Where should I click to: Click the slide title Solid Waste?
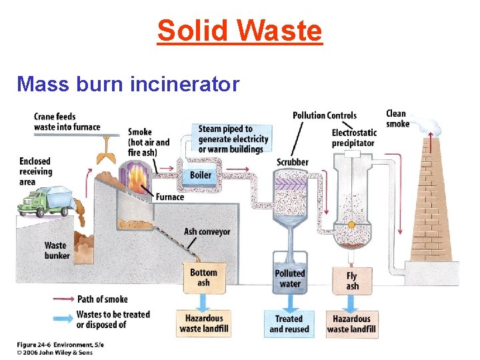pos(239,31)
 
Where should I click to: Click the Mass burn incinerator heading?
pos(128,84)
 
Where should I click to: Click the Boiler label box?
pos(201,175)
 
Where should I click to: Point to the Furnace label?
pos(170,197)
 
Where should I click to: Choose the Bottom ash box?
pos(203,277)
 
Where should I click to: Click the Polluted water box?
pos(290,279)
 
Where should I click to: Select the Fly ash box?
pos(352,280)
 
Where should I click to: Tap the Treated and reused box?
pos(286,324)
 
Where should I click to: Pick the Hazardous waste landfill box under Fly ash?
pos(351,323)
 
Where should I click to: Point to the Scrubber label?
pos(293,162)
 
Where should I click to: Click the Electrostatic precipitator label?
pos(354,137)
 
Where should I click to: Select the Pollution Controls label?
pos(325,116)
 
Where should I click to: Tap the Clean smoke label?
pos(397,119)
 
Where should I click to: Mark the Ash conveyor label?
pos(207,232)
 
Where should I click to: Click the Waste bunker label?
pos(56,250)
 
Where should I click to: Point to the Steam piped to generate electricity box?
pos(233,139)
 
